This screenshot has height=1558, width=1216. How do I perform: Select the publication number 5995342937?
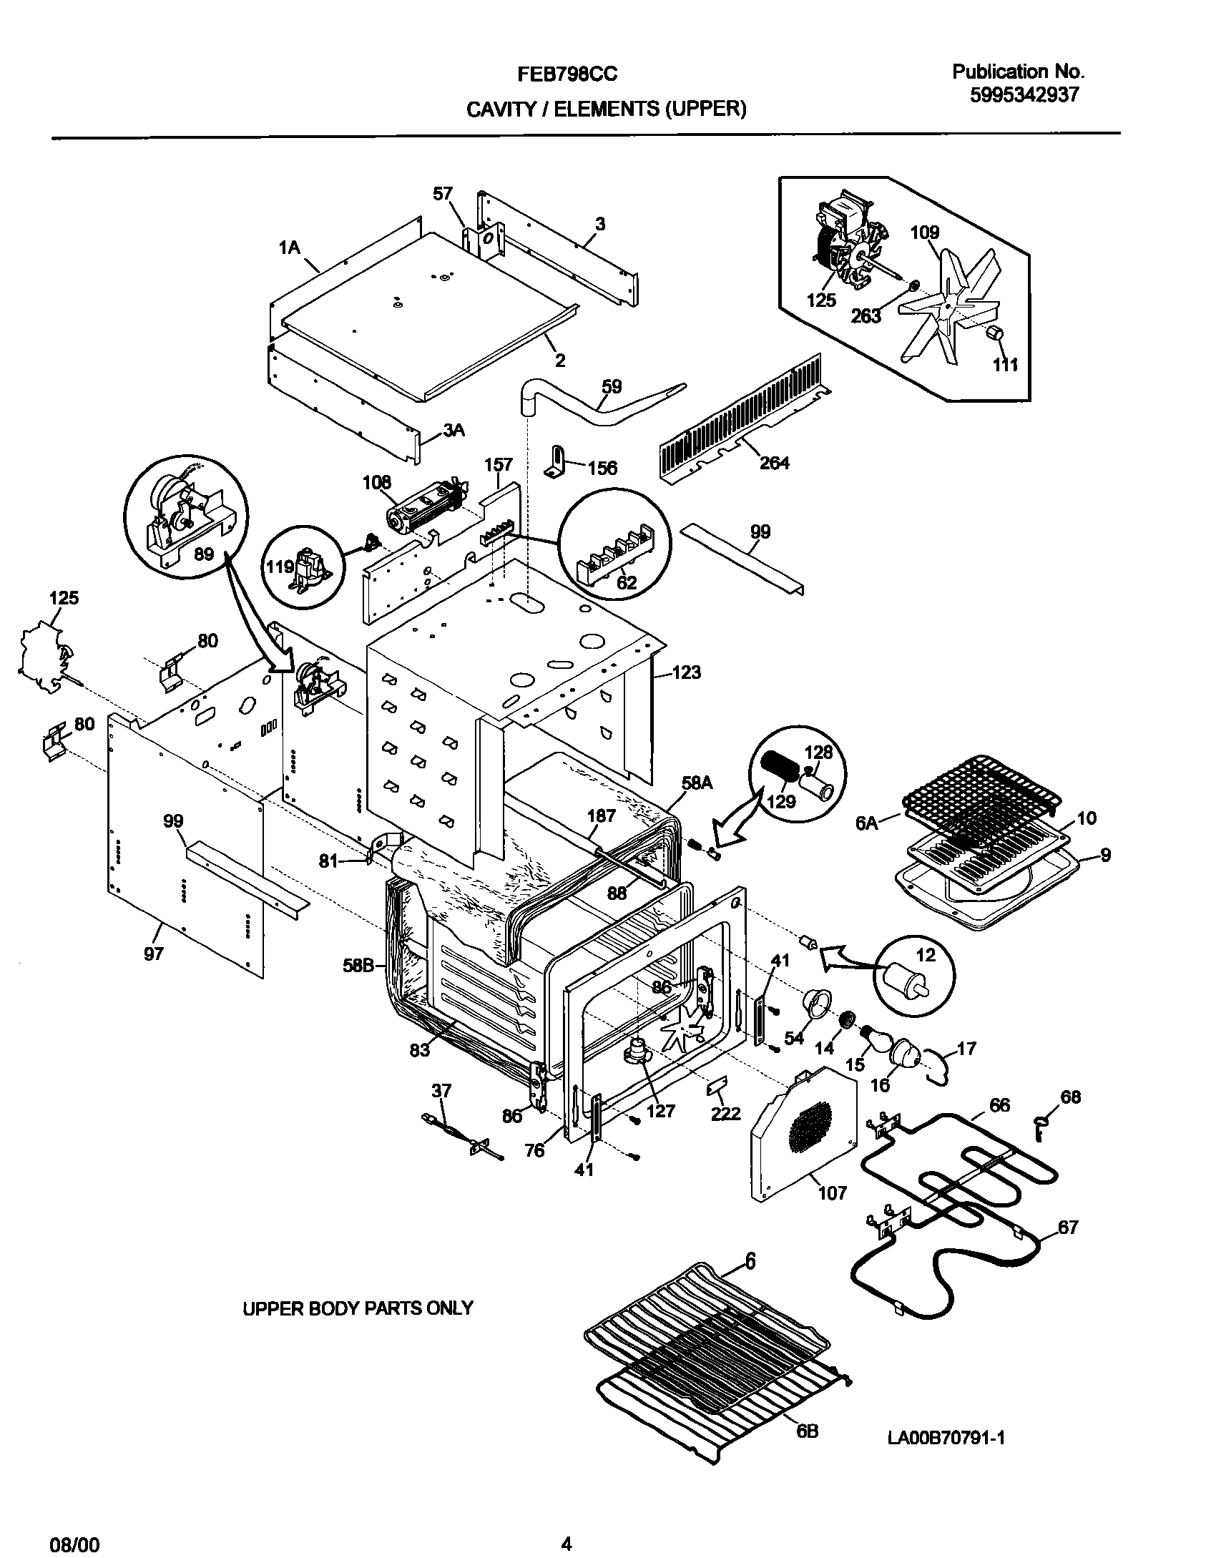[x=1024, y=95]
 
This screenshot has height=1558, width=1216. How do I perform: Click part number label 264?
[x=774, y=463]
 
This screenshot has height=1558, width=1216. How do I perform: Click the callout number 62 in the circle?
[x=626, y=582]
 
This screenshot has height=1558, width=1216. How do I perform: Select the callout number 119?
[x=280, y=567]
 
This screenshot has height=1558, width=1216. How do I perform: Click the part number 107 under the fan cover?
[x=832, y=1192]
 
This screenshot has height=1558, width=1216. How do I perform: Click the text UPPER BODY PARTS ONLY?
[x=358, y=1308]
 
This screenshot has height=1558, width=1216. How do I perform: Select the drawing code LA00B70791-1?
[x=946, y=1438]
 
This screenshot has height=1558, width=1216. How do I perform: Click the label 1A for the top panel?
[x=289, y=248]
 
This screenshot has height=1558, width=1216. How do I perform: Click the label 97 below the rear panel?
[x=154, y=953]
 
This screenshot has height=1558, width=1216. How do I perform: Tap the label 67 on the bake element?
[x=1067, y=1228]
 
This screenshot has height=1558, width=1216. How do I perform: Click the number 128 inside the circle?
[x=818, y=752]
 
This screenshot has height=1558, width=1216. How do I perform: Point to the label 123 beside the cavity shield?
[x=686, y=672]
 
